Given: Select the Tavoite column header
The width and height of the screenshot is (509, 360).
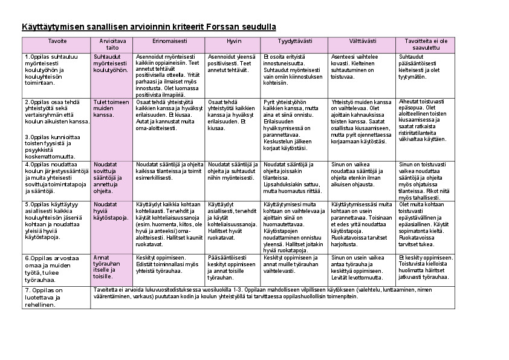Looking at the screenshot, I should coord(57,41).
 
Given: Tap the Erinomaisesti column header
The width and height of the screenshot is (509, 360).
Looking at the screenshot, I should coord(169,41).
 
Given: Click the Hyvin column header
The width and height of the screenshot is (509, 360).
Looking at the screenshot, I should coord(234,41).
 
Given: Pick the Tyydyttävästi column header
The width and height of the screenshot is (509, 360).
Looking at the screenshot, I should coord(295,41).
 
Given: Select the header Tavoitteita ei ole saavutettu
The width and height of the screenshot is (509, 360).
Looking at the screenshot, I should coord(426,45).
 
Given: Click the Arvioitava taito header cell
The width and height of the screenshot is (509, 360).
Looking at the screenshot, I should coord(112,45).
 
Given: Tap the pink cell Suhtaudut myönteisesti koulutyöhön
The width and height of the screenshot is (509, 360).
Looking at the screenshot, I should coord(111,64).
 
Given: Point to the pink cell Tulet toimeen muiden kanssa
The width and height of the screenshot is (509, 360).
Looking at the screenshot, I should coord(111,108).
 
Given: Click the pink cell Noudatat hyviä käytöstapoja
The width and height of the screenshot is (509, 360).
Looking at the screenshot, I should coord(111,211).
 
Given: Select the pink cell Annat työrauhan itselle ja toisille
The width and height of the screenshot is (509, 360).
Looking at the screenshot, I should coord(108,267).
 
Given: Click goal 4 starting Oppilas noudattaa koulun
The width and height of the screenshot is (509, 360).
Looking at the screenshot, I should coord(56,177).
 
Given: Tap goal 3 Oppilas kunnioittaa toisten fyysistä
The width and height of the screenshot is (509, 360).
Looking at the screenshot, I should coord(51,146).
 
